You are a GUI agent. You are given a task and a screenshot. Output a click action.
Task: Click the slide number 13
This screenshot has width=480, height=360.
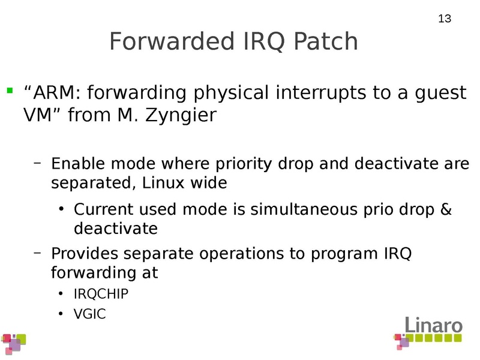tap(444, 19)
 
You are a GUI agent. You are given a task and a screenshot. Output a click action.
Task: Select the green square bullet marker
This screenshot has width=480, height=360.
tap(9, 91)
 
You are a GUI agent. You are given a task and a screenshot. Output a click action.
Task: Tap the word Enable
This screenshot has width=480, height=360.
tap(75, 163)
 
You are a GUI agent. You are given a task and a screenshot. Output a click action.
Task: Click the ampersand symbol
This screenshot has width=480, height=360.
tap(445, 210)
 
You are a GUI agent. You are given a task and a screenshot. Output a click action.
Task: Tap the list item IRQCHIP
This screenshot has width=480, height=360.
tap(101, 294)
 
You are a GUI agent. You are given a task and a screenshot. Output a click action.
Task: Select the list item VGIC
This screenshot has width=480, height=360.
tap(89, 313)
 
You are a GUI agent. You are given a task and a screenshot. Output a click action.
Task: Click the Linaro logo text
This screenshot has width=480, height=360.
tap(433, 326)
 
